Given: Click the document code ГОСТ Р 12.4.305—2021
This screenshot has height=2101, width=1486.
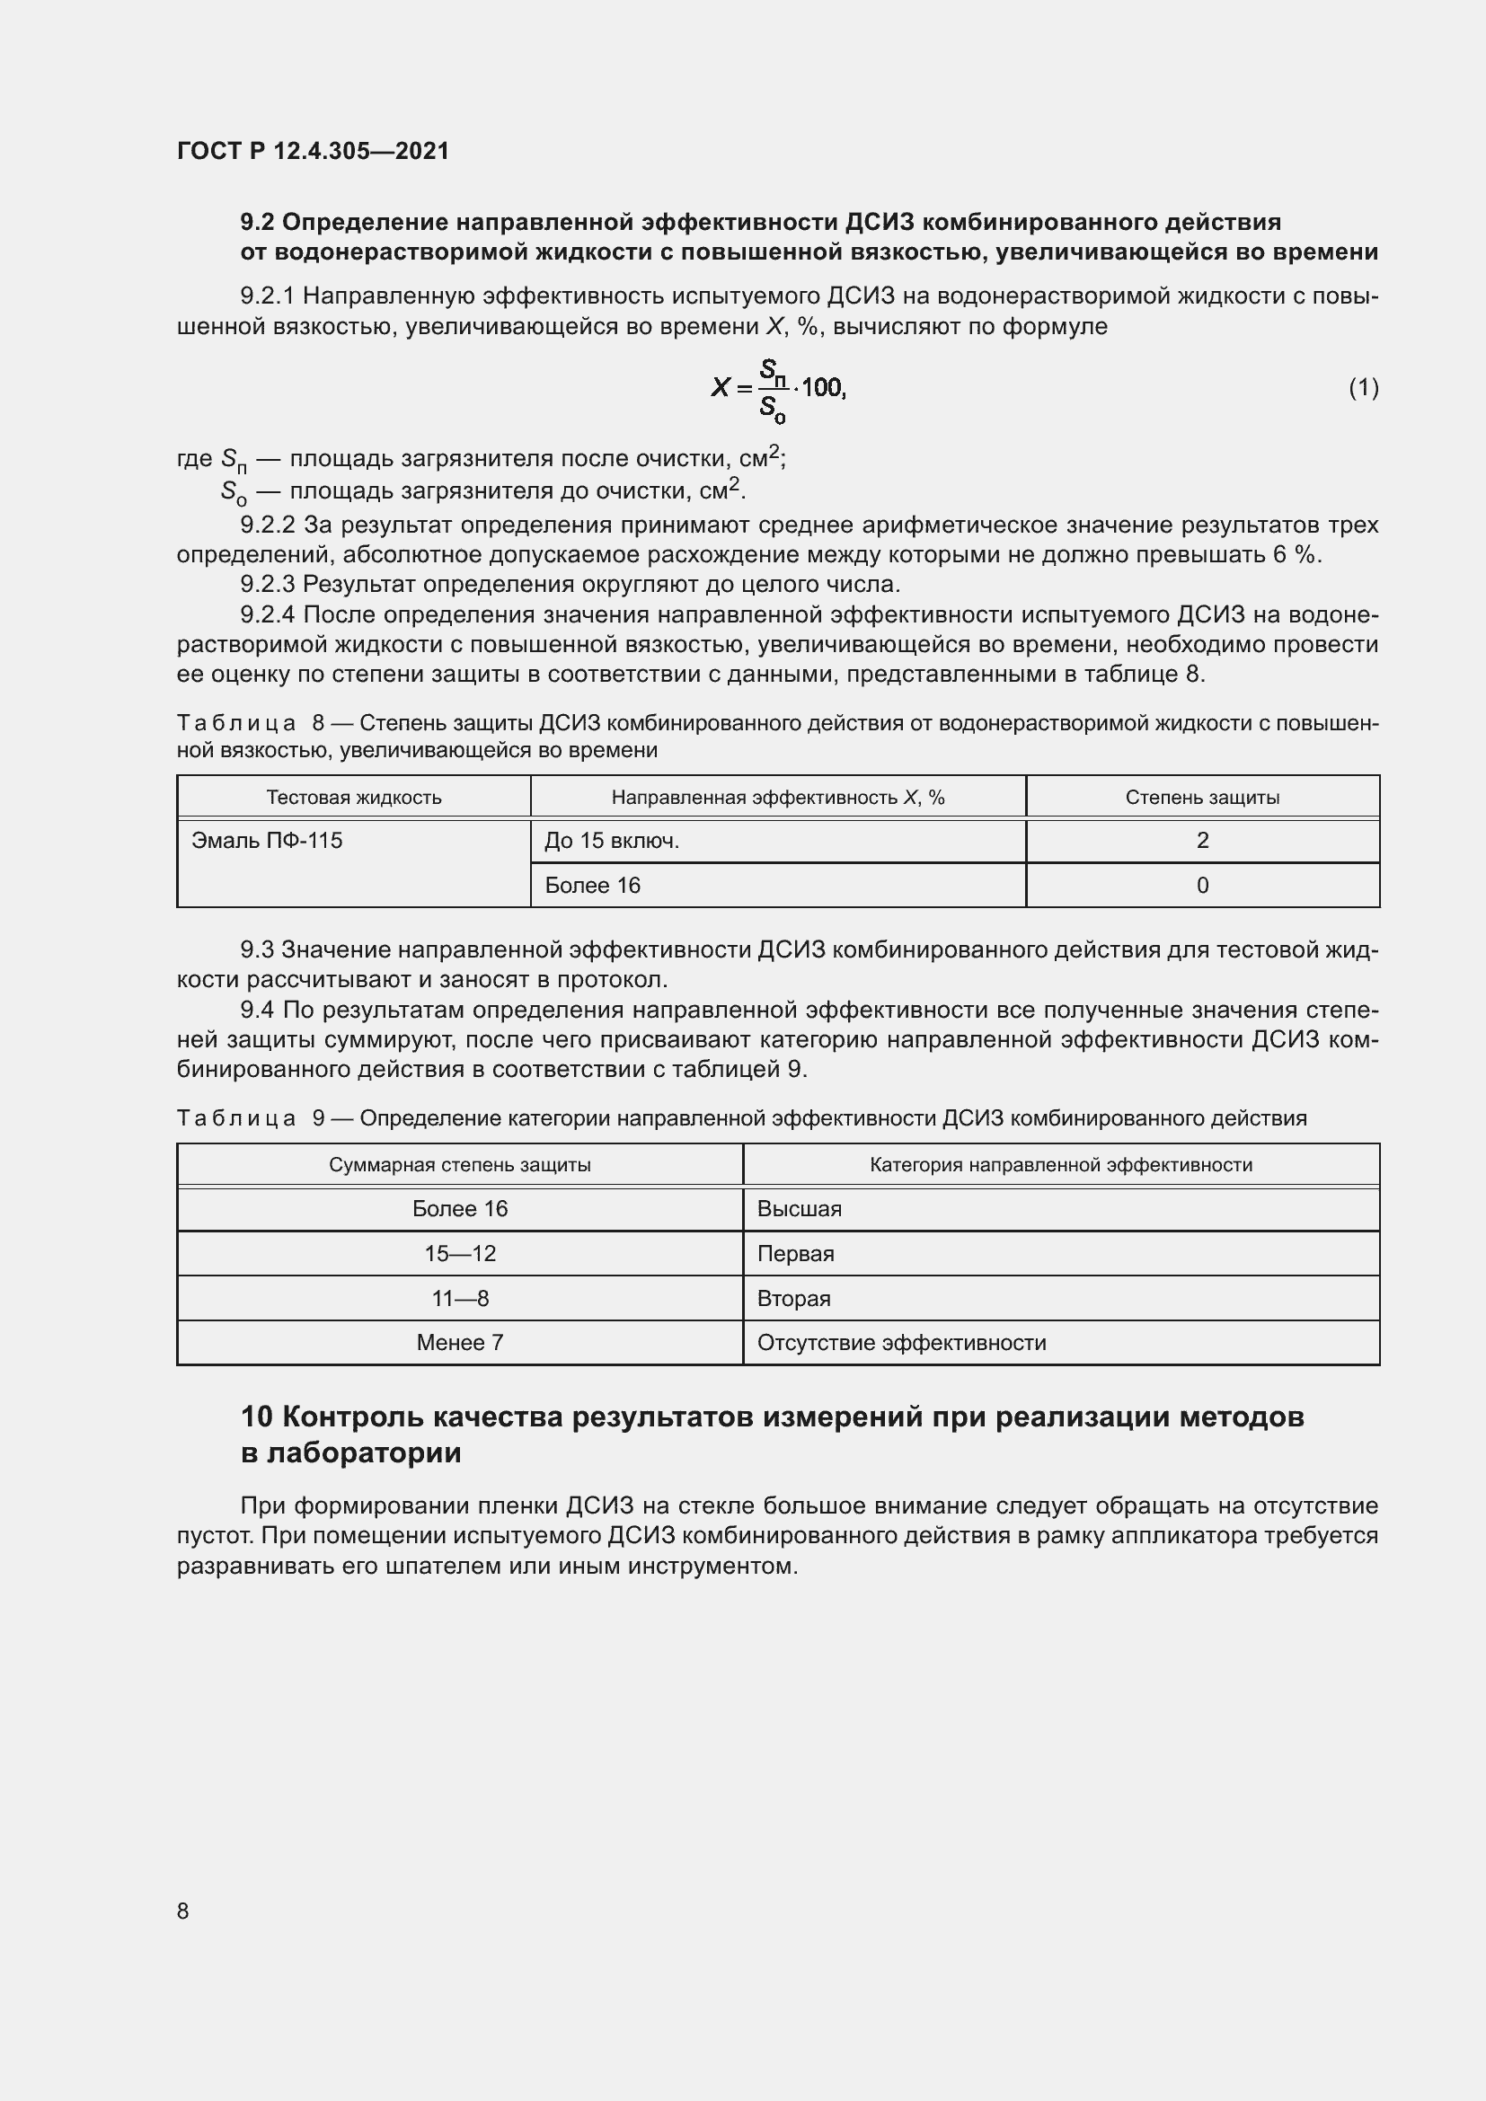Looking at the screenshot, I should pyautogui.click(x=313, y=151).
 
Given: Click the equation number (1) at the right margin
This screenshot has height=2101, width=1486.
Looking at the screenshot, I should pyautogui.click(x=1364, y=388).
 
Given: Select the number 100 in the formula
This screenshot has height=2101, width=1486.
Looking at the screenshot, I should pyautogui.click(x=823, y=388).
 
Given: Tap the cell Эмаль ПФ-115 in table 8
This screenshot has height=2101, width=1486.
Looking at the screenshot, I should pyautogui.click(x=266, y=840).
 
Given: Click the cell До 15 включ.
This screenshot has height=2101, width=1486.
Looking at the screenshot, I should pyautogui.click(x=611, y=840).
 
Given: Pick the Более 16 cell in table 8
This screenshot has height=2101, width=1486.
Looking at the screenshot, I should pyautogui.click(x=592, y=885).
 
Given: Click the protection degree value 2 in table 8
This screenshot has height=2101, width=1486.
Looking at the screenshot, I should pyautogui.click(x=1202, y=840).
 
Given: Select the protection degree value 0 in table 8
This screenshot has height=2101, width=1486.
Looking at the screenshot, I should pyautogui.click(x=1202, y=885).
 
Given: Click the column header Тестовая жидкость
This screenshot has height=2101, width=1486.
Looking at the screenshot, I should pyautogui.click(x=353, y=797).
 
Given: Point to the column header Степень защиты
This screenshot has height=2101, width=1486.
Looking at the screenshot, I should pyautogui.click(x=1202, y=797).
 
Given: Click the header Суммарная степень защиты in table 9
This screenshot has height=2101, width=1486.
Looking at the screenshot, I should pyautogui.click(x=459, y=1165).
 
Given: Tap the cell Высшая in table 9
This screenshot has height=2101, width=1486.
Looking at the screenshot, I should pyautogui.click(x=799, y=1209).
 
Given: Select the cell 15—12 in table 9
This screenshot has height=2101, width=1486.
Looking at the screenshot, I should pyautogui.click(x=459, y=1254).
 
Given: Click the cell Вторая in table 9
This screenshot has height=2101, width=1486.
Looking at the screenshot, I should pyautogui.click(x=793, y=1299).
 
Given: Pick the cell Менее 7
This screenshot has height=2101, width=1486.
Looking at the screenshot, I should pyautogui.click(x=459, y=1342).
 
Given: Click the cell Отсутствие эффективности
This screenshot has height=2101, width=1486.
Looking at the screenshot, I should pyautogui.click(x=901, y=1342).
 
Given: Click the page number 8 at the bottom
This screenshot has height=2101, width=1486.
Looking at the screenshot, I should pyautogui.click(x=183, y=1911).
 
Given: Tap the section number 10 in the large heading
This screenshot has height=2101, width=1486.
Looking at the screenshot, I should pyautogui.click(x=256, y=1417).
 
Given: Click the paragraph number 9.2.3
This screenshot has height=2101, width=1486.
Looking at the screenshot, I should pyautogui.click(x=267, y=584).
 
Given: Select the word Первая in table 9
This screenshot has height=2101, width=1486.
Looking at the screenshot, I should pyautogui.click(x=795, y=1254).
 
